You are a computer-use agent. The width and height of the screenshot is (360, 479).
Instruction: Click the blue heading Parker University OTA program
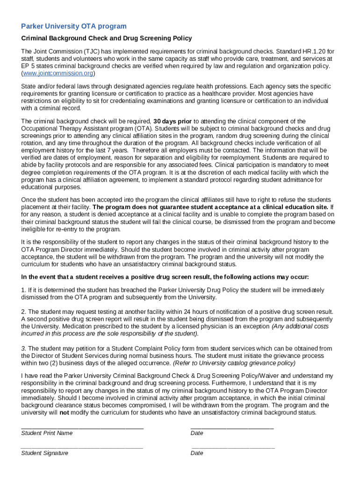(x=74, y=26)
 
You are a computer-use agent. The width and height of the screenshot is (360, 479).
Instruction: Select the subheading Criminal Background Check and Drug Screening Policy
(x=107, y=38)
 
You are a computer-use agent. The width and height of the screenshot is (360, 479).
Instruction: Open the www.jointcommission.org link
(x=58, y=74)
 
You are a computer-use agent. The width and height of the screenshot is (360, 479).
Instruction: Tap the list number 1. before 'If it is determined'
(x=24, y=290)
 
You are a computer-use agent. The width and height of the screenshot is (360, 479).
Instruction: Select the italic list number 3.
(x=24, y=348)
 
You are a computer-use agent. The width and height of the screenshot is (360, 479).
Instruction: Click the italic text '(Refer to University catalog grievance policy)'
(x=234, y=363)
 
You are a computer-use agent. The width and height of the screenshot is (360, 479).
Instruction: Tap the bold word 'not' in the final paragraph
(x=64, y=413)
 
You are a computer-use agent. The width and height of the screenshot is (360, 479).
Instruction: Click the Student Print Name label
(x=47, y=433)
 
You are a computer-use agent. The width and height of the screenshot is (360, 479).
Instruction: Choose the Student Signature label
(x=44, y=453)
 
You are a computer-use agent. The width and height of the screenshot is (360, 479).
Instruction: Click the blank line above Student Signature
(x=82, y=447)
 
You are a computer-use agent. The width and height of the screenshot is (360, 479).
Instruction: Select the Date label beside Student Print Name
(x=197, y=433)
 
